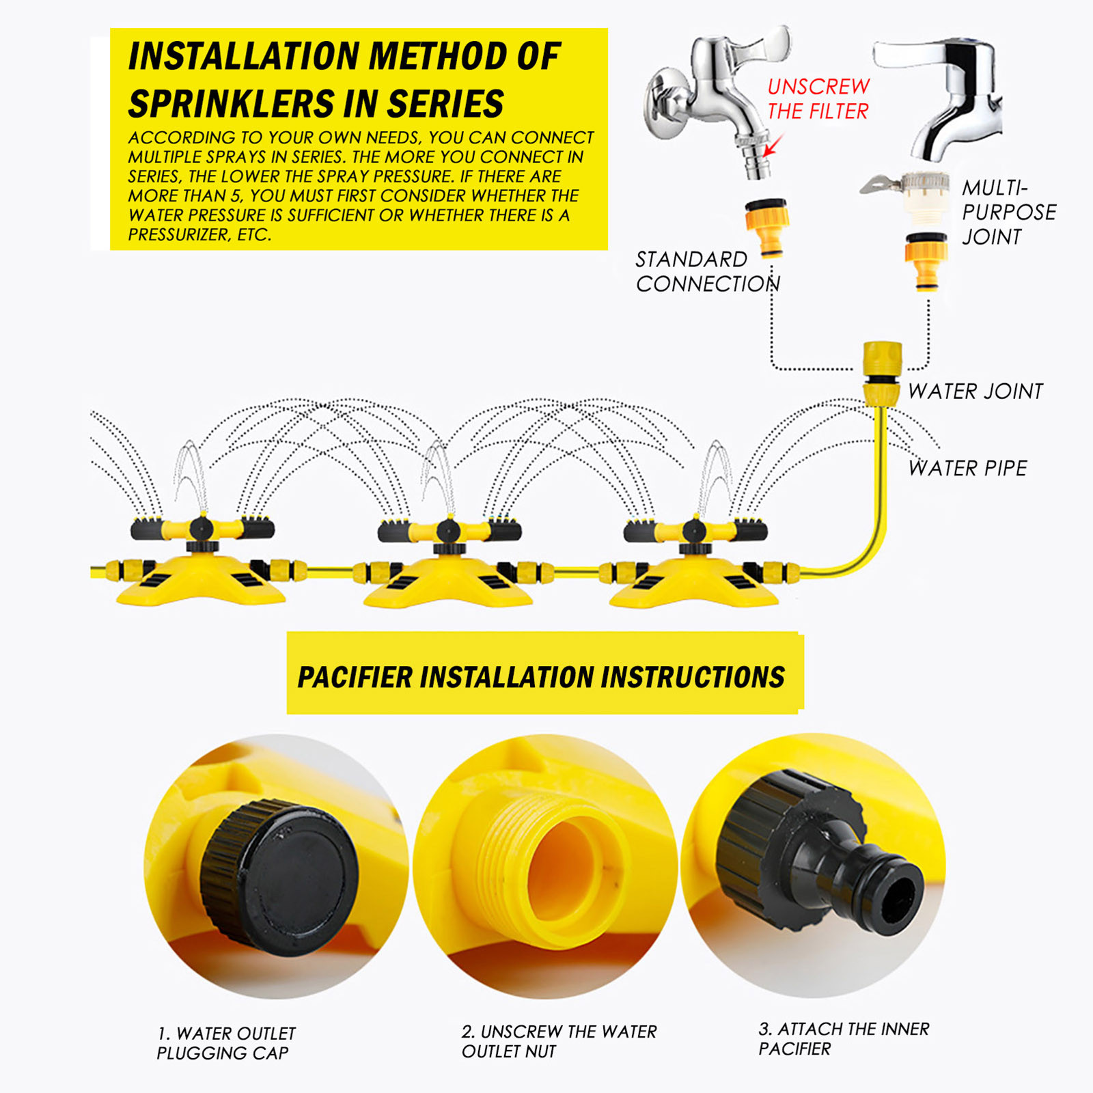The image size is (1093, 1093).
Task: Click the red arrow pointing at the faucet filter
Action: (773, 146)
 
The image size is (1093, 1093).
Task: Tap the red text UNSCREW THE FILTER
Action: (818, 99)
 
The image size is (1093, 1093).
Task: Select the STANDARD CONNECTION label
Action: (708, 271)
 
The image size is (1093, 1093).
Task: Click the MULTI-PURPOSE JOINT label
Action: (1009, 212)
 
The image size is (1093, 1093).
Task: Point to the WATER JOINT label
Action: (976, 391)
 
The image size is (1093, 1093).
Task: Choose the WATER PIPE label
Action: (967, 468)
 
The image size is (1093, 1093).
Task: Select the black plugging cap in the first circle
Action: (279, 878)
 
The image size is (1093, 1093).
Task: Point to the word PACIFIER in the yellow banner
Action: (355, 677)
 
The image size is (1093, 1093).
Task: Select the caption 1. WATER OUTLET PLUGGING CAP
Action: (226, 1043)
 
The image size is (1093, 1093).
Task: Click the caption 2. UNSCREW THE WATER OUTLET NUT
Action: (559, 1041)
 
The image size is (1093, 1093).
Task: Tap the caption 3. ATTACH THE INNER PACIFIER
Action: (844, 1038)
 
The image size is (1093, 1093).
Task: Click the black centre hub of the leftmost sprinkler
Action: (201, 529)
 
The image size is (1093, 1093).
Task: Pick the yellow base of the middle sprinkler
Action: (447, 581)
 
